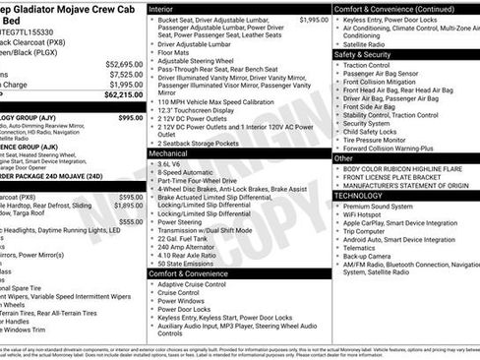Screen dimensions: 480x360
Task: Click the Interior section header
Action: pyautogui.click(x=160, y=8)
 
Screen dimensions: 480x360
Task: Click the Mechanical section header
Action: pyautogui.click(x=169, y=154)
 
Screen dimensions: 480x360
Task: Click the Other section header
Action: pyautogui.click(x=344, y=157)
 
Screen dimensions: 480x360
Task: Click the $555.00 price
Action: pyautogui.click(x=131, y=222)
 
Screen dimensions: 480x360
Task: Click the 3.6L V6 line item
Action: pyautogui.click(x=172, y=164)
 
